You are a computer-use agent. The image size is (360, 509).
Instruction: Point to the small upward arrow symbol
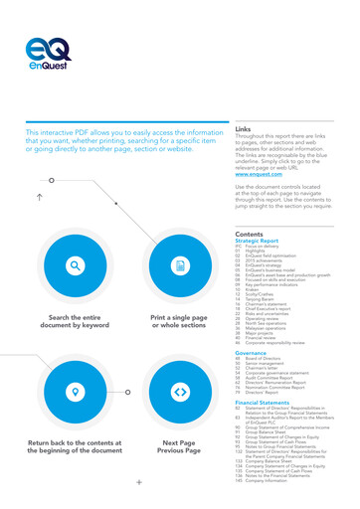(x=39, y=196)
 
